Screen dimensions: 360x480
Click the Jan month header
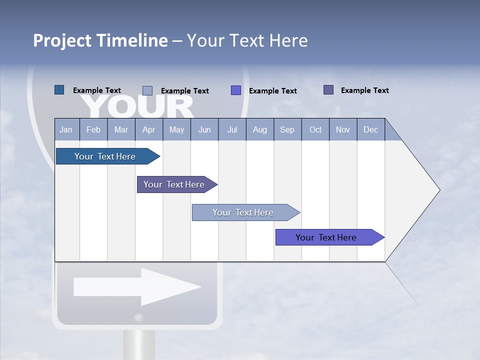click(x=66, y=129)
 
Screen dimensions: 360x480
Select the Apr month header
click(x=148, y=129)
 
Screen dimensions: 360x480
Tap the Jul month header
click(x=232, y=129)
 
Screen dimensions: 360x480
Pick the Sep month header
click(x=287, y=129)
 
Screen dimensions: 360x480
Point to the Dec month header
click(x=370, y=129)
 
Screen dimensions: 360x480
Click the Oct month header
click(x=315, y=129)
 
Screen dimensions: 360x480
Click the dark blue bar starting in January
click(x=105, y=156)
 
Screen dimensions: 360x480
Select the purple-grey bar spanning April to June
click(x=174, y=184)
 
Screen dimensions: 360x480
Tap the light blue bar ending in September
click(x=243, y=212)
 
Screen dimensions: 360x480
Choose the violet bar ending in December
click(x=326, y=237)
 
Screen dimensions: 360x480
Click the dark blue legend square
click(x=59, y=90)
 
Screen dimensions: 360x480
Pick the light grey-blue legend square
click(x=147, y=90)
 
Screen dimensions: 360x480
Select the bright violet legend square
click(x=236, y=90)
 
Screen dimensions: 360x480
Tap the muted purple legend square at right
click(x=328, y=90)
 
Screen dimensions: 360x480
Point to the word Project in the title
click(x=62, y=40)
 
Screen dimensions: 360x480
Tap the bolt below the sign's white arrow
click(x=138, y=318)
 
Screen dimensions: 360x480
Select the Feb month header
click(x=93, y=129)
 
